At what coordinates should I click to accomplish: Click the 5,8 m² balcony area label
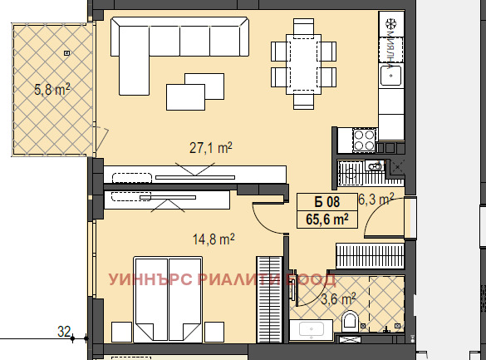[x=52, y=90]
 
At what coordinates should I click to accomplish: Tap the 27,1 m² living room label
[x=210, y=148]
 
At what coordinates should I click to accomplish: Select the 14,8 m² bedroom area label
[x=214, y=239]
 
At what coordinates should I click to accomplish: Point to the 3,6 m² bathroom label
[x=338, y=299]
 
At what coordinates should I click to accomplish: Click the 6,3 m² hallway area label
[x=376, y=199]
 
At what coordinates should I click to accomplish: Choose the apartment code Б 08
[x=327, y=202]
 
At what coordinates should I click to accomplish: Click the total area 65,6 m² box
[x=327, y=219]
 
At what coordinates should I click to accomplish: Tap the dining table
[x=303, y=64]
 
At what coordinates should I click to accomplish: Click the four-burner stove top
[x=364, y=141]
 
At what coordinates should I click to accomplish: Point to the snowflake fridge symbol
[x=390, y=24]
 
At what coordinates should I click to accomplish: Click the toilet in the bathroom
[x=350, y=320]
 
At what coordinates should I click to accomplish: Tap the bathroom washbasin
[x=312, y=329]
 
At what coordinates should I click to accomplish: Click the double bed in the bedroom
[x=168, y=299]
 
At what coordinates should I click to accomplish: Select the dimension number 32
[x=64, y=332]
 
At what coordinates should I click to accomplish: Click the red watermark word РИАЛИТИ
[x=238, y=279]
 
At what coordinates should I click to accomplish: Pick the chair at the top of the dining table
[x=303, y=27]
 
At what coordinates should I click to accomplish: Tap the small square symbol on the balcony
[x=67, y=53]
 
